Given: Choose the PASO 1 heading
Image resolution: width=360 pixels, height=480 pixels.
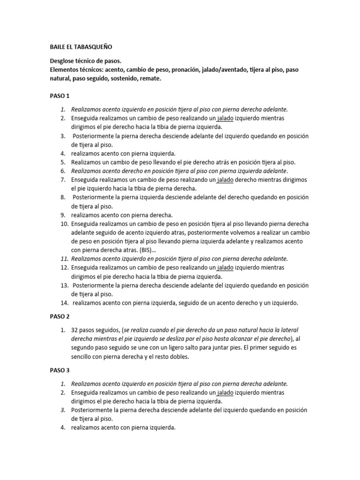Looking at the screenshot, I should point(60,96).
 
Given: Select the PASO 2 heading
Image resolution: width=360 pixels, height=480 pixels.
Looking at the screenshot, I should point(60,316).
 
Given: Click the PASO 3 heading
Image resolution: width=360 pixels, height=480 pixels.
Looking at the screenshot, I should point(60,370).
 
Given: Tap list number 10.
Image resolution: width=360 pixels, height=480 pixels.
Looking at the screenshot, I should point(64,224).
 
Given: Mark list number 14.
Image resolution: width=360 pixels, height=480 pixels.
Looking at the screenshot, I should point(64,303).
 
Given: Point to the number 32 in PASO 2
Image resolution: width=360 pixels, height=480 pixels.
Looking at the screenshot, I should point(75,330).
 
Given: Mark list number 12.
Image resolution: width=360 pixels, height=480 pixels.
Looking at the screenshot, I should point(64,268).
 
